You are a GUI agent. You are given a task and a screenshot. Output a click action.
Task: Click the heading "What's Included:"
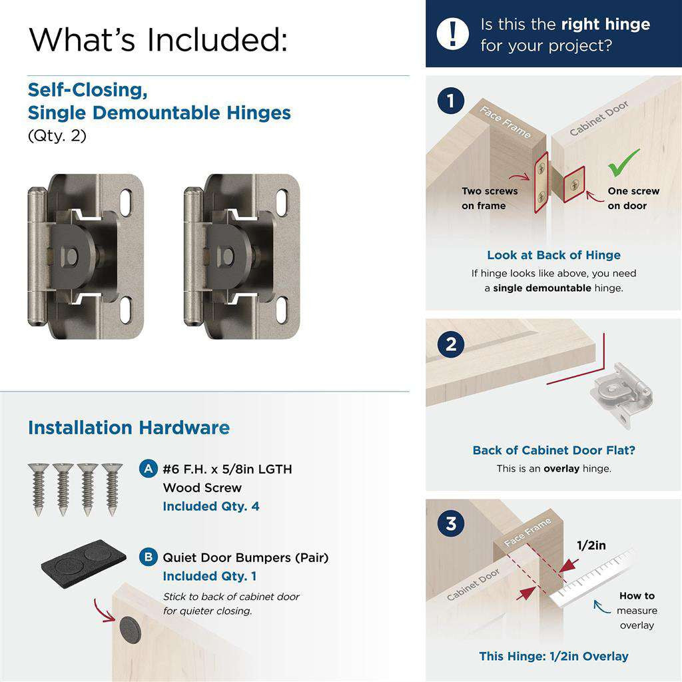click(159, 39)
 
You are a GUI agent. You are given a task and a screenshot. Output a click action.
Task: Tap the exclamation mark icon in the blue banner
click(453, 33)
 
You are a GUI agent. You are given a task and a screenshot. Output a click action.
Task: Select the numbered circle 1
click(451, 101)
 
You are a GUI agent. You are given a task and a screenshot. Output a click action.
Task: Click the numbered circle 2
click(451, 344)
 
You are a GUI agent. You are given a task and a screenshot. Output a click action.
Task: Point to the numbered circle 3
click(451, 523)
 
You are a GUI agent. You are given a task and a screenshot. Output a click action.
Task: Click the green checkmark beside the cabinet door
click(623, 163)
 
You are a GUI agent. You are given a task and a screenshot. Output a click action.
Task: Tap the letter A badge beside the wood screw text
click(148, 468)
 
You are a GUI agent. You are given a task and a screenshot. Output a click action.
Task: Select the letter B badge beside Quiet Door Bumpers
click(148, 557)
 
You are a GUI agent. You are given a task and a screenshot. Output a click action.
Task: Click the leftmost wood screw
click(39, 489)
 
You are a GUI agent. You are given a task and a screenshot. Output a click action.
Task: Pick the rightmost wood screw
click(112, 489)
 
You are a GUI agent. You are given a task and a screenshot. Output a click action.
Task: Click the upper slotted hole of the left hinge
click(127, 201)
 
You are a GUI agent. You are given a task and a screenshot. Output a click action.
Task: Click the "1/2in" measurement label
click(591, 545)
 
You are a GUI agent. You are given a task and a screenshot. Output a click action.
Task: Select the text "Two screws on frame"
click(490, 198)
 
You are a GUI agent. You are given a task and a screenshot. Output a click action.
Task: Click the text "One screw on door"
click(633, 198)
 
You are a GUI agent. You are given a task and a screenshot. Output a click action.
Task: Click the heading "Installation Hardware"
click(129, 428)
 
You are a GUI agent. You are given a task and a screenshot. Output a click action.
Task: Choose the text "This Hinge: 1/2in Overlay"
click(553, 656)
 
